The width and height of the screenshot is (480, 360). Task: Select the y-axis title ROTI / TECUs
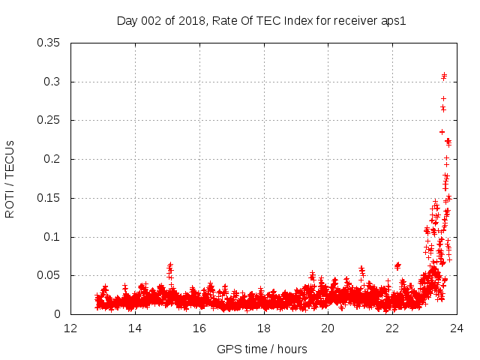[10, 178]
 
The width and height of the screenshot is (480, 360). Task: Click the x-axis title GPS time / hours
[262, 349]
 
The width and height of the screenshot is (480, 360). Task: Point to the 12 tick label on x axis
[70, 328]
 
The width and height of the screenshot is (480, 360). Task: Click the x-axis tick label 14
[135, 328]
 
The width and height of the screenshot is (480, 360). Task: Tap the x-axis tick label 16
[199, 328]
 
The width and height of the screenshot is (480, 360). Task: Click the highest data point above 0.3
[444, 74]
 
